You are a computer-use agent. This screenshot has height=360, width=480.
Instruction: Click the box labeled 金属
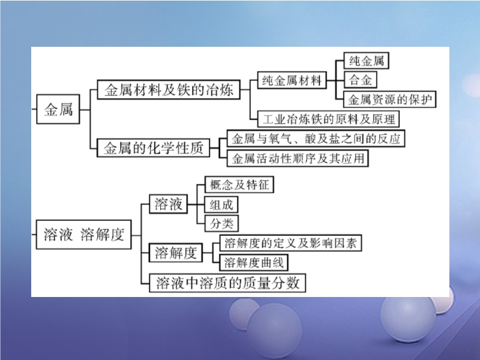[58, 110]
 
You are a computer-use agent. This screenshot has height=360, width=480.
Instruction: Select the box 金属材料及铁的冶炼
[169, 91]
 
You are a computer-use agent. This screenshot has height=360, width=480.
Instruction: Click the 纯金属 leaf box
[365, 61]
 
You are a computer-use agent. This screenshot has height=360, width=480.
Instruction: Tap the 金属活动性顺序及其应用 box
[297, 158]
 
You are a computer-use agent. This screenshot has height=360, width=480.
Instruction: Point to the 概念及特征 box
[239, 185]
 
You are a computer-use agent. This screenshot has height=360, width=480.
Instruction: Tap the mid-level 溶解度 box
[175, 253]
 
